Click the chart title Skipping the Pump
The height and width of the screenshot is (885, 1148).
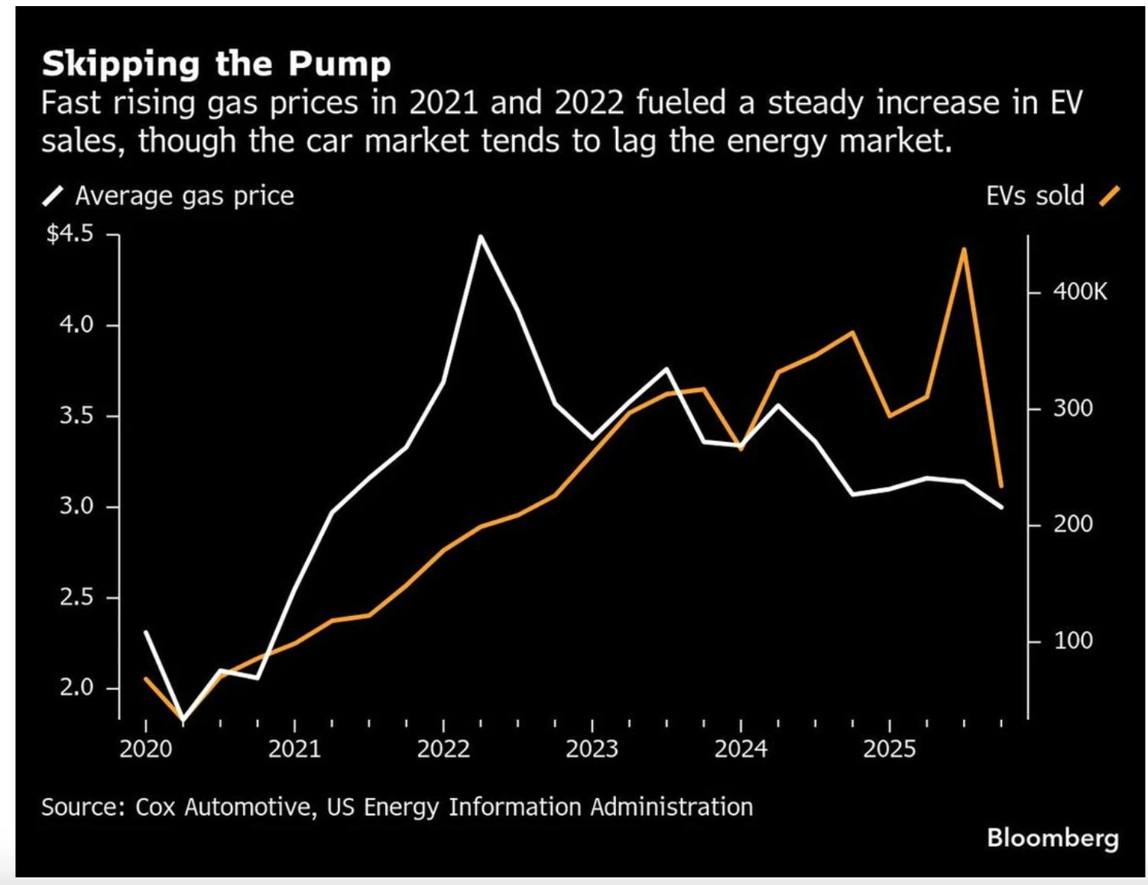click(216, 64)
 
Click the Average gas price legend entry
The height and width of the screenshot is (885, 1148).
click(183, 196)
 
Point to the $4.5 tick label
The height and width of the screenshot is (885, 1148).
click(70, 234)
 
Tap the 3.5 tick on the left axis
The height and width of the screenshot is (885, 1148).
click(76, 416)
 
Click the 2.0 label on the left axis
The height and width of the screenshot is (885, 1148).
click(76, 688)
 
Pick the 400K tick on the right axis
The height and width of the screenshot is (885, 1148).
click(1079, 292)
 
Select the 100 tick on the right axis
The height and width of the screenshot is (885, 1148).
click(1073, 640)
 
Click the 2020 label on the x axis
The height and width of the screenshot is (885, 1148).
click(145, 749)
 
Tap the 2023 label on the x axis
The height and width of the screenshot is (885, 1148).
click(592, 749)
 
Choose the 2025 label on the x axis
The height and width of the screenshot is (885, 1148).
click(889, 749)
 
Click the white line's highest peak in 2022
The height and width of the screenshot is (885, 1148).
click(480, 236)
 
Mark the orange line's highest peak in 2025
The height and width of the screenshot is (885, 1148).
click(964, 249)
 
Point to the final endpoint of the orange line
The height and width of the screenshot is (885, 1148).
click(1001, 486)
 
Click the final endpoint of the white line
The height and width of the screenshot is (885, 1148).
click(1001, 507)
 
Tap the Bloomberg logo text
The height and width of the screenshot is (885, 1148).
click(1052, 838)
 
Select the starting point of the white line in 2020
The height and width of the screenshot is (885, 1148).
click(145, 632)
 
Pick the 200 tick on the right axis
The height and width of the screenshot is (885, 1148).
click(1073, 524)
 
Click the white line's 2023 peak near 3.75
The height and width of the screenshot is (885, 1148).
click(666, 369)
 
